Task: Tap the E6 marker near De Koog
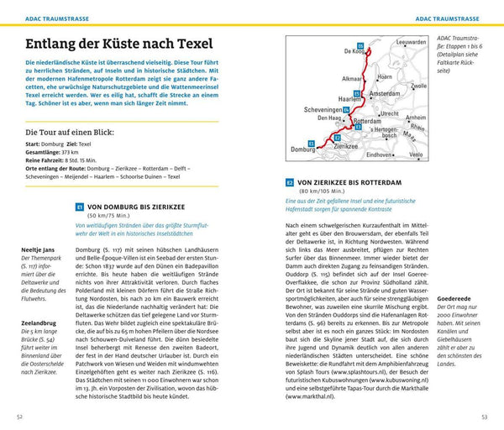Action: point(360,45)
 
